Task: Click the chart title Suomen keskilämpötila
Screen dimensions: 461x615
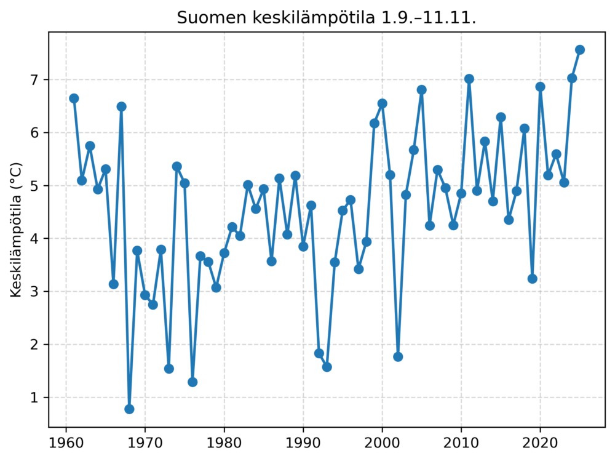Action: click(327, 18)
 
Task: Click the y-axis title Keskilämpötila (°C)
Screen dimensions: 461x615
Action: click(16, 230)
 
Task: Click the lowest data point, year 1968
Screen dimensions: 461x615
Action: click(129, 409)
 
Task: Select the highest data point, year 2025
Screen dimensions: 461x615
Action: click(580, 50)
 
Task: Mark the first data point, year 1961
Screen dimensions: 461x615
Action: click(74, 98)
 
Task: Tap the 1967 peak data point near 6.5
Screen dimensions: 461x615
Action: click(121, 106)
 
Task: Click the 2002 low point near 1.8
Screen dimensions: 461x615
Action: click(398, 357)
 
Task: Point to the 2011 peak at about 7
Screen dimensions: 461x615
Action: click(469, 79)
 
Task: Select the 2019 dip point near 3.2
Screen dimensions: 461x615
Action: click(533, 279)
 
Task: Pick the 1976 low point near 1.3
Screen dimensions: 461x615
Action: click(192, 382)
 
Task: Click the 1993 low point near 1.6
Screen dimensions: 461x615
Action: click(327, 367)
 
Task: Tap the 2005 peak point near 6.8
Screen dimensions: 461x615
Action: click(422, 90)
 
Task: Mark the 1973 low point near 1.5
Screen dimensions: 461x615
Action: click(169, 369)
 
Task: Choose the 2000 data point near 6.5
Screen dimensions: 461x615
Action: click(382, 103)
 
